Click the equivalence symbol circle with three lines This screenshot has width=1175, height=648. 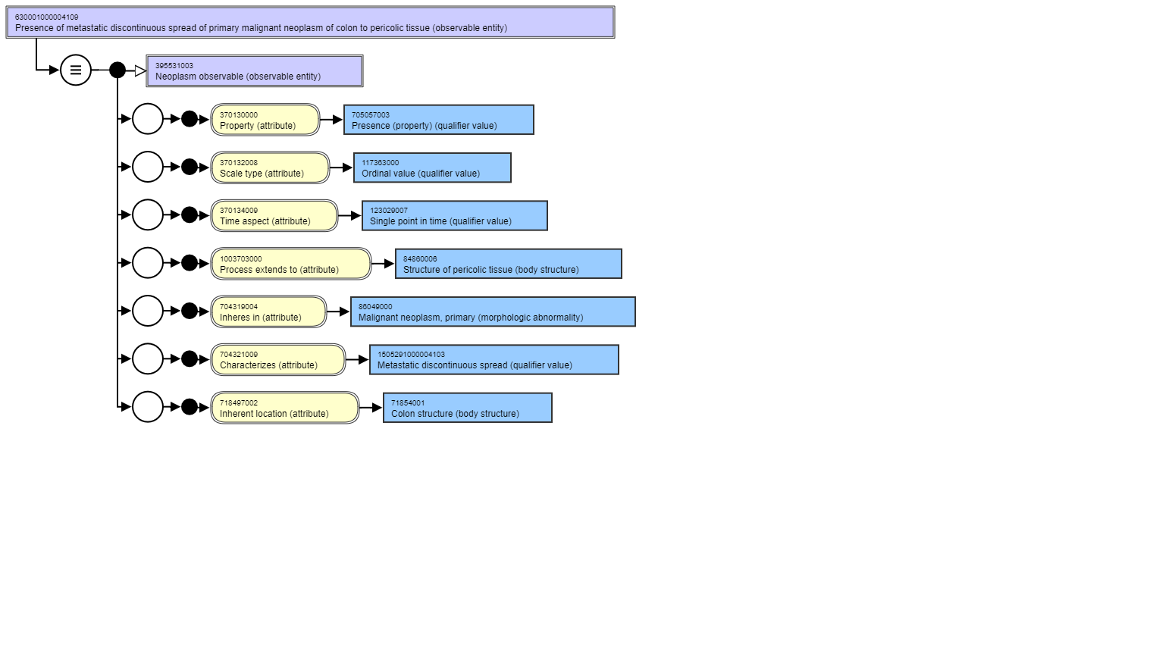pyautogui.click(x=76, y=70)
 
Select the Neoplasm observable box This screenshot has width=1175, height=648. pyautogui.click(x=255, y=70)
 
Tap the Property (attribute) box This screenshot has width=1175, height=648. pyautogui.click(x=265, y=120)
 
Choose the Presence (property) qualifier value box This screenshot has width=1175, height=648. pyautogui.click(x=438, y=120)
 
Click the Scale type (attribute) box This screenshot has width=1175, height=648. pyautogui.click(x=270, y=167)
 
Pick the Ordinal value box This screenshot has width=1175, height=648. pyautogui.click(x=432, y=167)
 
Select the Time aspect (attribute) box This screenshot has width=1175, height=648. pyautogui.click(x=274, y=215)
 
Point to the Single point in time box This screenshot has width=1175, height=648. pyautogui.click(x=455, y=215)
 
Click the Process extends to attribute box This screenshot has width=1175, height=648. pyautogui.click(x=291, y=264)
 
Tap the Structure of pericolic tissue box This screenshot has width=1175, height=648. pyautogui.click(x=509, y=264)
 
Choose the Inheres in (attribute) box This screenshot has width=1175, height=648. pyautogui.click(x=268, y=311)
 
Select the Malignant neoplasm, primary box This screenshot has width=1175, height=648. pyautogui.click(x=493, y=311)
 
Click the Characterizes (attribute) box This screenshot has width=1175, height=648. pyautogui.click(x=278, y=360)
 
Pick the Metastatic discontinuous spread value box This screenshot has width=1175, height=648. pyautogui.click(x=494, y=360)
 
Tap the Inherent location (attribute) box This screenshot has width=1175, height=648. pyautogui.click(x=285, y=407)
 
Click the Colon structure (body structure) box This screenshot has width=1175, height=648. pyautogui.click(x=468, y=407)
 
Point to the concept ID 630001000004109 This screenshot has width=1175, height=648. pyautogui.click(x=47, y=17)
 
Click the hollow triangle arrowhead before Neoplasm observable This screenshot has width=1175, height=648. pyautogui.click(x=140, y=70)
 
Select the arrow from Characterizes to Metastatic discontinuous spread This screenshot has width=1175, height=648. pyautogui.click(x=357, y=360)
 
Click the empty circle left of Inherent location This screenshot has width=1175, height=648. pyautogui.click(x=147, y=407)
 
